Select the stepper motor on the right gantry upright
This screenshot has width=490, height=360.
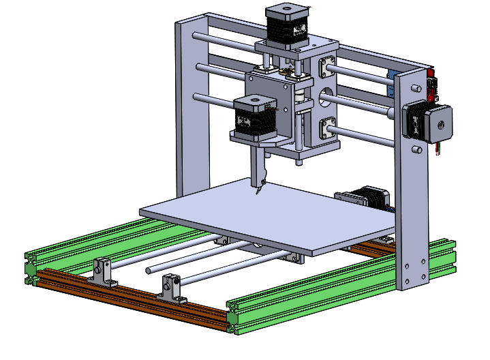pos(425,122)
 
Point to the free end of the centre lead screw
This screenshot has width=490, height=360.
pos(149,271)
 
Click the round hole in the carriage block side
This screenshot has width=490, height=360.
pos(326,95)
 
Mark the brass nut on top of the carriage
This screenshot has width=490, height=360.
pos(285,70)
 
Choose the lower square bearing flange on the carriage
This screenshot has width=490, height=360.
pos(328,127)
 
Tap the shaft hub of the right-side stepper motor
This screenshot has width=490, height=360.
pos(441,125)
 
